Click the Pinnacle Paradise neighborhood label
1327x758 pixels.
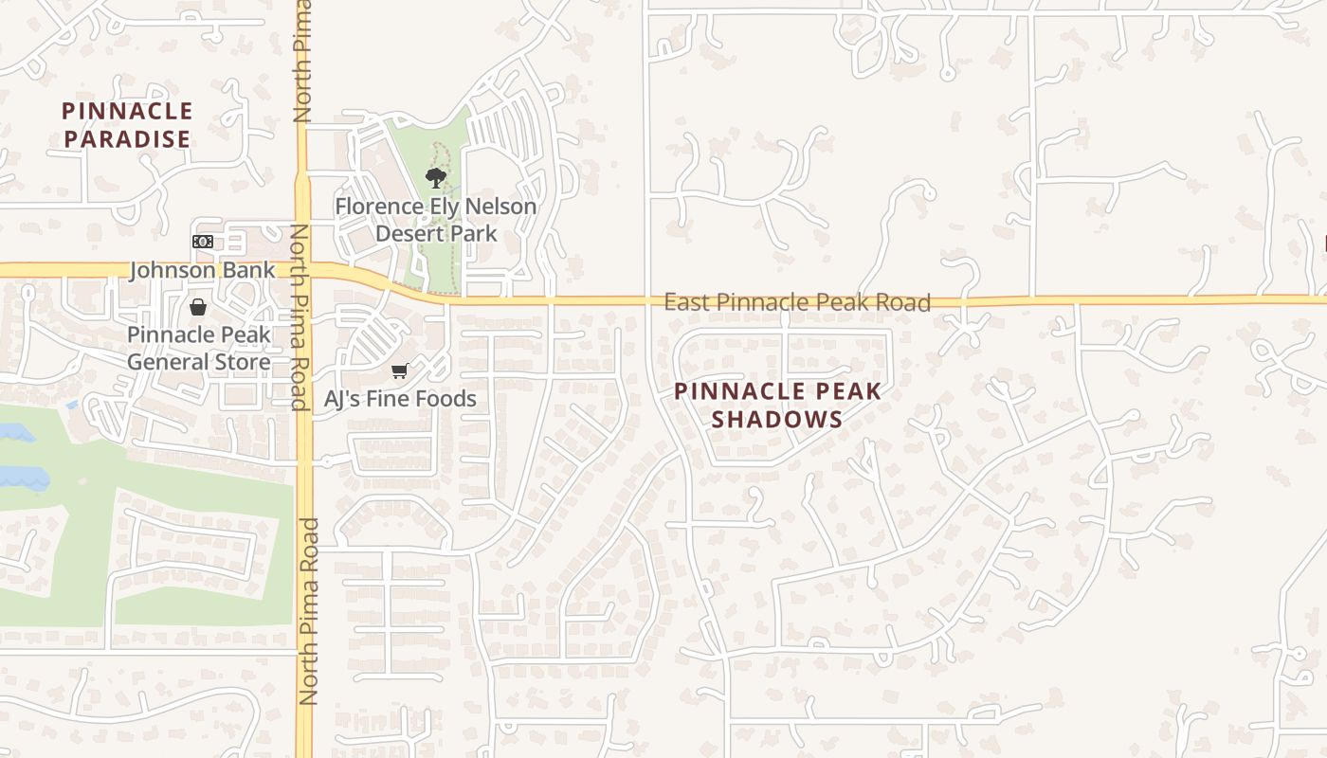pyautogui.click(x=127, y=125)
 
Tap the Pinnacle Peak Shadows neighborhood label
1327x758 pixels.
pyautogui.click(x=777, y=406)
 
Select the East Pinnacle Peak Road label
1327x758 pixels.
pyautogui.click(x=796, y=302)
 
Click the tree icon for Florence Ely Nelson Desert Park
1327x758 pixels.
pyautogui.click(x=435, y=177)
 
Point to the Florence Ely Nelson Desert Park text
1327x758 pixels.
pyautogui.click(x=435, y=219)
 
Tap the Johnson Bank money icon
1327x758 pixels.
pyautogui.click(x=202, y=242)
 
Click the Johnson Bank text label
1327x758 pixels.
pyautogui.click(x=202, y=270)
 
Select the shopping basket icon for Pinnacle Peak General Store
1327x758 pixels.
pyautogui.click(x=198, y=307)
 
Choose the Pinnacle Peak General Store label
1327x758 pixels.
pyautogui.click(x=199, y=348)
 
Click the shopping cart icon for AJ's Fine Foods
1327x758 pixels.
pyautogui.click(x=399, y=370)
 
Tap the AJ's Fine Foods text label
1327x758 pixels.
pyautogui.click(x=400, y=399)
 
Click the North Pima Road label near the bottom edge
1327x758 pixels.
pyautogui.click(x=308, y=611)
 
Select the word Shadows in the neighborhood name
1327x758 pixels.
pyautogui.click(x=777, y=420)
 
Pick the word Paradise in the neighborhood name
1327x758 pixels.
pyautogui.click(x=127, y=139)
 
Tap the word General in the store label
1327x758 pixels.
pyautogui.click(x=166, y=362)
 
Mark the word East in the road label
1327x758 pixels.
pyautogui.click(x=686, y=302)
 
